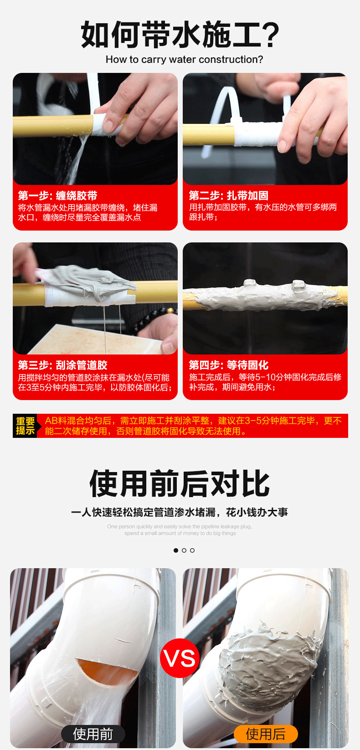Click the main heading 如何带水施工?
click(180, 35)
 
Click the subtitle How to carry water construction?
click(184, 60)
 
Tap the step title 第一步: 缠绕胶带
click(57, 196)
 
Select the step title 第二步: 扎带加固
click(228, 196)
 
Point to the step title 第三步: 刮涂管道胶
click(62, 365)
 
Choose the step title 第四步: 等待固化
click(228, 365)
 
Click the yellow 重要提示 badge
click(26, 426)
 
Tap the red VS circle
click(180, 658)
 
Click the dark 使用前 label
click(93, 734)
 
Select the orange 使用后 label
click(266, 734)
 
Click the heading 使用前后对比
click(180, 484)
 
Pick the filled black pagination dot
click(176, 550)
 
